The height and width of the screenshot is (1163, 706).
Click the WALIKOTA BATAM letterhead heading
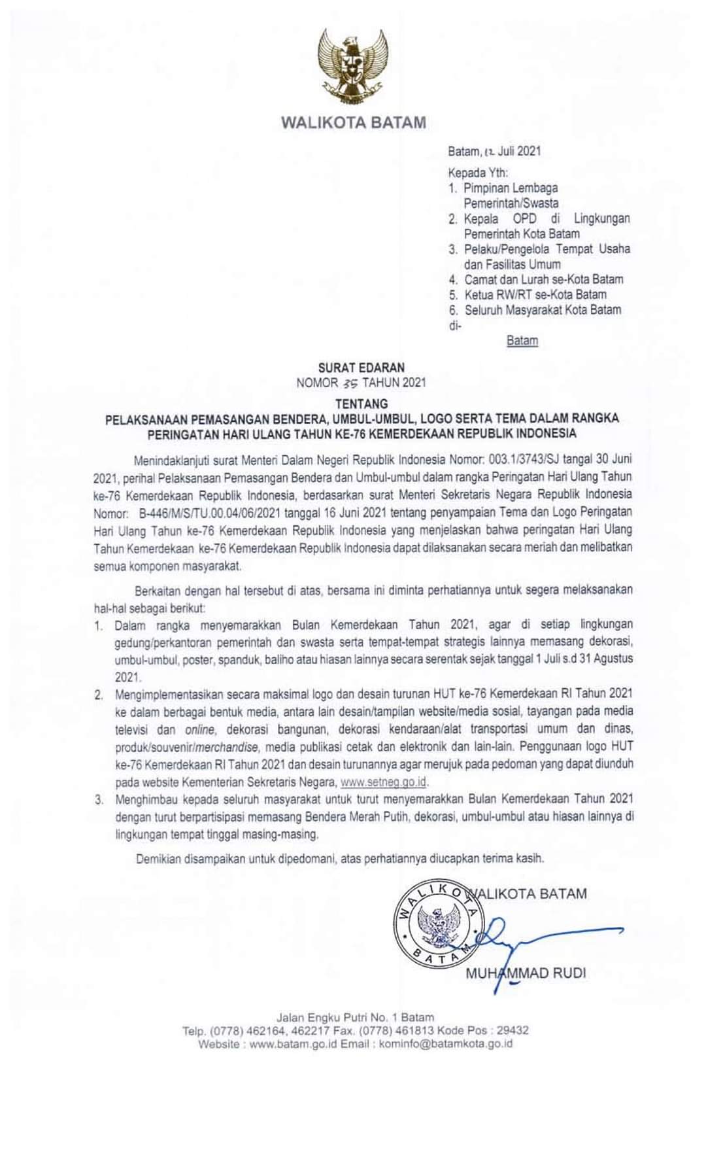(x=353, y=122)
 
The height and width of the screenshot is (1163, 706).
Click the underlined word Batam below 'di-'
(x=522, y=341)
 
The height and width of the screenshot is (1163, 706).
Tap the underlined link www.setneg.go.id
(x=384, y=782)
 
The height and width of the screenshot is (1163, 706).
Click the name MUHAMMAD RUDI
(x=526, y=973)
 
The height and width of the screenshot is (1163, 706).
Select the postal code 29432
(x=513, y=1030)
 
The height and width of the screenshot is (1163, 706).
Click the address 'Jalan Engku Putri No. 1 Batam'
(x=355, y=1017)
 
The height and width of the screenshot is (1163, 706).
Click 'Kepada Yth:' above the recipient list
(x=478, y=173)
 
